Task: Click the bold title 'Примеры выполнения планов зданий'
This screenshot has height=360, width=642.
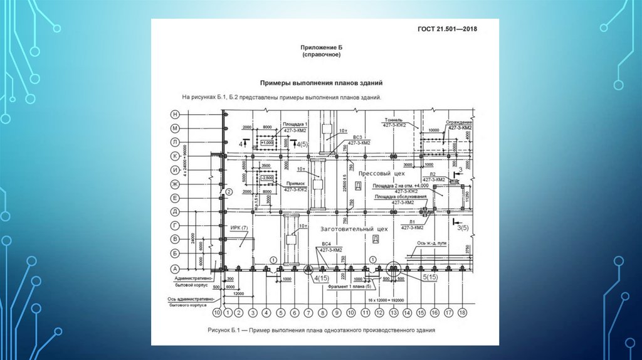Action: [x=322, y=83]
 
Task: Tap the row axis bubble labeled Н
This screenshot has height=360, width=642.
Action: [x=176, y=114]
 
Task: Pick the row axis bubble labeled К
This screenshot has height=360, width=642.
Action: [x=176, y=156]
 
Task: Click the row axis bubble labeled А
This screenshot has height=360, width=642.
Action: [x=176, y=267]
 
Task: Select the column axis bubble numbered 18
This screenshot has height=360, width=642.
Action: [x=463, y=312]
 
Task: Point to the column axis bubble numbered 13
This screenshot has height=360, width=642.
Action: [x=393, y=312]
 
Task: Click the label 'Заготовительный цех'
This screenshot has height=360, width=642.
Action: [x=354, y=229]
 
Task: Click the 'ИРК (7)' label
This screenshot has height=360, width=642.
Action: [x=239, y=227]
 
